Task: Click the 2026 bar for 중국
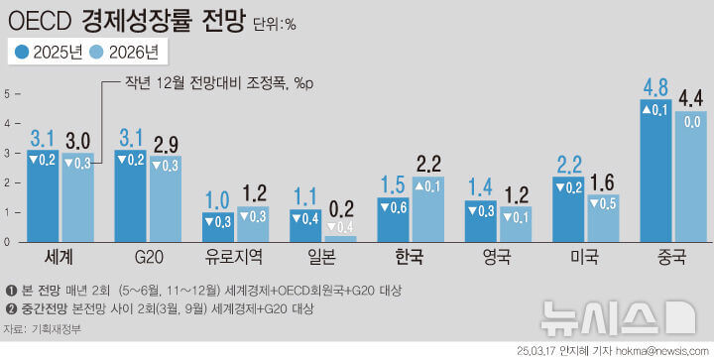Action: (689, 176)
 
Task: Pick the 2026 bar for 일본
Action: (340, 238)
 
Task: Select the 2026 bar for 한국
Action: (428, 209)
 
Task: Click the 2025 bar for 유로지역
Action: (218, 226)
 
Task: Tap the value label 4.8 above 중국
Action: (655, 89)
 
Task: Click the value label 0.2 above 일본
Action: (340, 208)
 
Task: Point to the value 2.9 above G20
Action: (165, 145)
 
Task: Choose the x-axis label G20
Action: (149, 258)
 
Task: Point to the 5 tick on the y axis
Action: (7, 94)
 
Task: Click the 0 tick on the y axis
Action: (7, 242)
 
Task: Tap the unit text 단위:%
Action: (274, 22)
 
